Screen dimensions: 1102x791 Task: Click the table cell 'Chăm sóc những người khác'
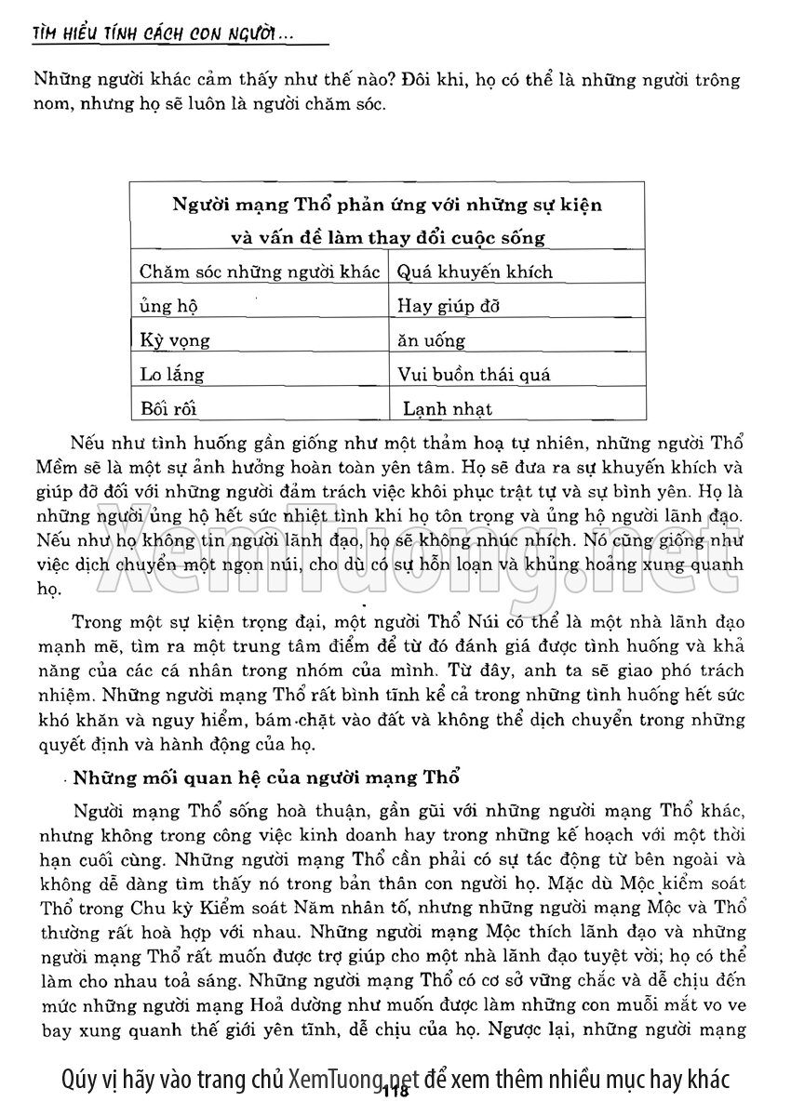[x=260, y=272]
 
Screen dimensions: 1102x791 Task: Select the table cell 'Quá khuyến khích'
[x=475, y=272]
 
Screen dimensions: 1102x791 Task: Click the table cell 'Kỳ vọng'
[x=175, y=340]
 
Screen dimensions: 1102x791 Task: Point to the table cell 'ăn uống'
[x=431, y=340]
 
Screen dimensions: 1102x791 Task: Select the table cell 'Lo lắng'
[x=171, y=375]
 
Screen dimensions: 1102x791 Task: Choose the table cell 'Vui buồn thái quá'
[x=474, y=375]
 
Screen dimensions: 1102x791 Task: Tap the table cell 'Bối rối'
[x=168, y=408]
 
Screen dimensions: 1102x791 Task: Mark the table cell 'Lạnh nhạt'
[x=448, y=408]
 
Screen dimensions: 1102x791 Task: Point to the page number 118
[x=395, y=1090]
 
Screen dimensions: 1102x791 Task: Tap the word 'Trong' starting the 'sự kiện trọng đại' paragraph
[x=96, y=621]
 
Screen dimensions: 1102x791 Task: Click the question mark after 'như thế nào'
[x=396, y=80]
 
